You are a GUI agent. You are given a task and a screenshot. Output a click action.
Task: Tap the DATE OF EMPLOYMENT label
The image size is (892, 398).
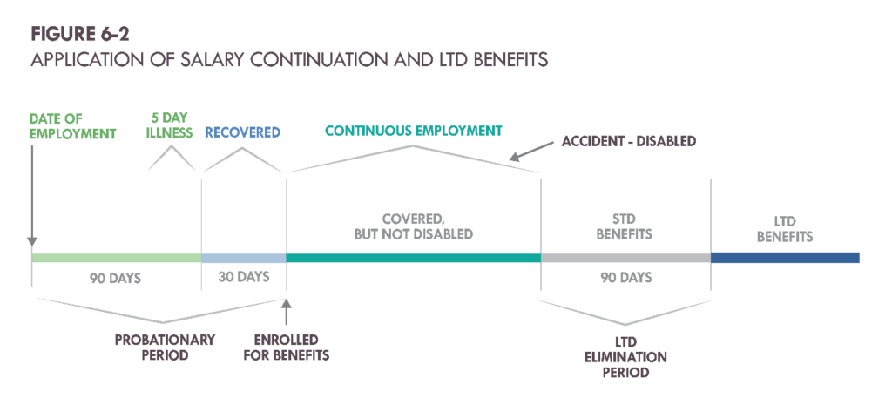click(x=72, y=126)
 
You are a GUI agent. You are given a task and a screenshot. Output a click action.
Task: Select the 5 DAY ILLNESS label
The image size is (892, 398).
click(x=172, y=126)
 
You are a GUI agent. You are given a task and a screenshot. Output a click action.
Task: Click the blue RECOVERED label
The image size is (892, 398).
click(x=242, y=133)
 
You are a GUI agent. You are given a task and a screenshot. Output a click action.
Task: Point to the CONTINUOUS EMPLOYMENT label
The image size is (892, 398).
click(x=413, y=131)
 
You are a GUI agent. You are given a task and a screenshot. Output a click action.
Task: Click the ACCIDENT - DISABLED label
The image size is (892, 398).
click(x=628, y=142)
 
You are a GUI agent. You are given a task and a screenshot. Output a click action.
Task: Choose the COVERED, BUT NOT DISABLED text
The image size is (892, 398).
click(x=413, y=226)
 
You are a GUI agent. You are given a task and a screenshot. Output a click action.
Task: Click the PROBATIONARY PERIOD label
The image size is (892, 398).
click(x=165, y=347)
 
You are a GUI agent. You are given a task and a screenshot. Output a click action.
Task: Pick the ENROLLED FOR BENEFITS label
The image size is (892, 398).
click(x=286, y=347)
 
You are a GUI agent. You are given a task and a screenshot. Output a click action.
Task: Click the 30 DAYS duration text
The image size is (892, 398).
click(x=242, y=278)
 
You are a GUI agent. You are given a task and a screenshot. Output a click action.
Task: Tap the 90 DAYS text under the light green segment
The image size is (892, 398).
click(x=115, y=279)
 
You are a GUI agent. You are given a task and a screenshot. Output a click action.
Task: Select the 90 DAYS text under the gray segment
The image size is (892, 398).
click(x=625, y=278)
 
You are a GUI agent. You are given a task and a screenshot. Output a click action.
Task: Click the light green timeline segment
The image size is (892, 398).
click(x=116, y=258)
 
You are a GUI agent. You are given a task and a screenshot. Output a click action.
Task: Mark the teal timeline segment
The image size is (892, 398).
click(x=413, y=258)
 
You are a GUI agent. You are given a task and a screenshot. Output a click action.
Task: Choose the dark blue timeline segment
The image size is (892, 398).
click(x=784, y=258)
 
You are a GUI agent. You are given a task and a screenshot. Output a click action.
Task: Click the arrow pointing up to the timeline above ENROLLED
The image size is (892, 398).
click(x=286, y=310)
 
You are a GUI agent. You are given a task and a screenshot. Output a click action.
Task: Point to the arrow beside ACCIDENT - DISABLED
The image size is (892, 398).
click(x=526, y=154)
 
